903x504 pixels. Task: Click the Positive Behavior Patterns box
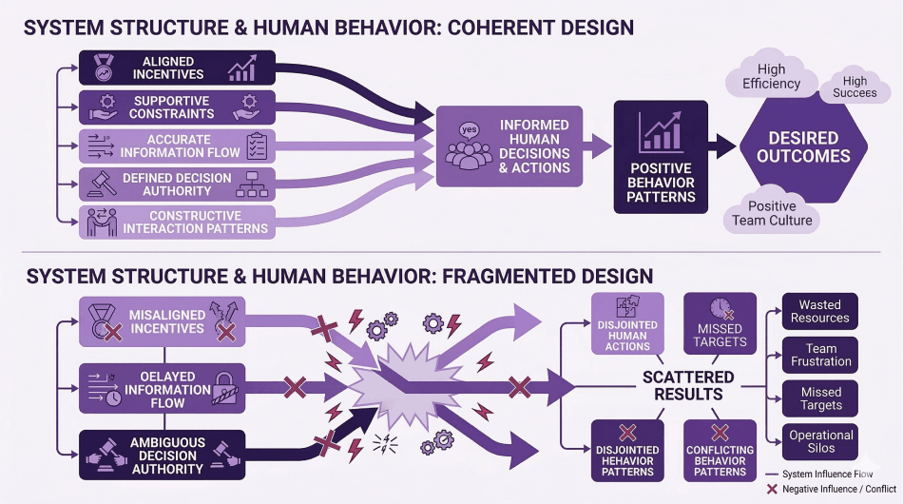(661, 153)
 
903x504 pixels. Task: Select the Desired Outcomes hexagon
(803, 146)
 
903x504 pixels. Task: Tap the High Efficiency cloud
(771, 77)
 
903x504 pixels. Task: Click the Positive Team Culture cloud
(773, 213)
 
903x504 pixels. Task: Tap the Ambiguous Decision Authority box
(161, 455)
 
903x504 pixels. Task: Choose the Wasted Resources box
(820, 311)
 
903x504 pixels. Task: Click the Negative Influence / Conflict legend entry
(828, 488)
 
